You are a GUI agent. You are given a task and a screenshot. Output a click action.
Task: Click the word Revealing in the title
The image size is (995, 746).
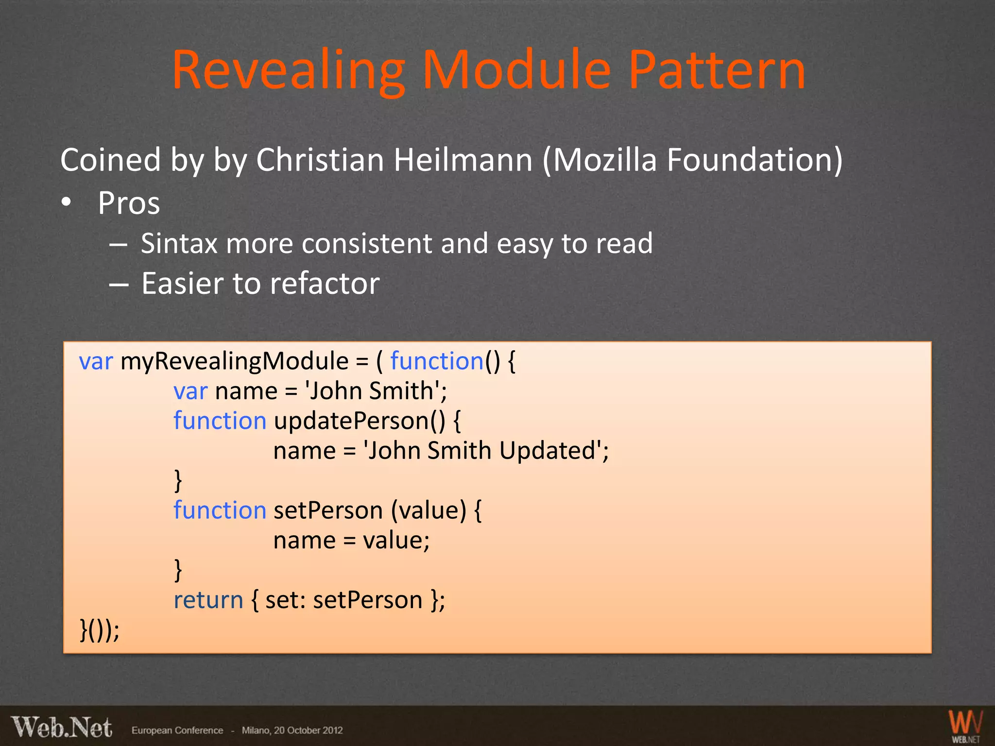[x=289, y=70]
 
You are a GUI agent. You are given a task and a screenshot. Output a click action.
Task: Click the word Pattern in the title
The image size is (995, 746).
[x=717, y=70]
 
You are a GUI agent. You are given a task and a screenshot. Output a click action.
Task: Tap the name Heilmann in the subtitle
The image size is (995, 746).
[x=463, y=160]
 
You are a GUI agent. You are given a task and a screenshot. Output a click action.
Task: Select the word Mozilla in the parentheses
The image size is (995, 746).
[x=604, y=160]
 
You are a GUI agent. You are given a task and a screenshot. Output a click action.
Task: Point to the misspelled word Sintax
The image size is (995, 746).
[x=178, y=243]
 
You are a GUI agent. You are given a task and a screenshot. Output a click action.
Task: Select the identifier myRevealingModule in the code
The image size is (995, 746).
[x=234, y=361]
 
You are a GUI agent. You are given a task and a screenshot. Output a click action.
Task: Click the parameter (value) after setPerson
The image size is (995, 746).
[x=429, y=510]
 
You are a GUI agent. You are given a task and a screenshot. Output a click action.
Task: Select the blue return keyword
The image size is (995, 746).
[x=208, y=600]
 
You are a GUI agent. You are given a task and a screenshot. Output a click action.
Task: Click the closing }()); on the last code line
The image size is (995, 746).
[x=99, y=630]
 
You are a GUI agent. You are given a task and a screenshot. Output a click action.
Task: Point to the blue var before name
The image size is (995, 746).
[x=190, y=391]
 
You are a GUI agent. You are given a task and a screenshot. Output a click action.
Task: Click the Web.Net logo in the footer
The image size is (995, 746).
[x=62, y=728]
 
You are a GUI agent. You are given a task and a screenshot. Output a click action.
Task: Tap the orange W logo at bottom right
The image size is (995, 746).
[x=965, y=724]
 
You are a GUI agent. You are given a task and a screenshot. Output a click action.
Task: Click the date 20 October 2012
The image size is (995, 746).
[x=308, y=730]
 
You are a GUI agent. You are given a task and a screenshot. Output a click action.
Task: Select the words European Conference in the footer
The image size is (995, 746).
[x=177, y=730]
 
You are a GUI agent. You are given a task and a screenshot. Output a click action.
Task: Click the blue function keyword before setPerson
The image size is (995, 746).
[x=220, y=510]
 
